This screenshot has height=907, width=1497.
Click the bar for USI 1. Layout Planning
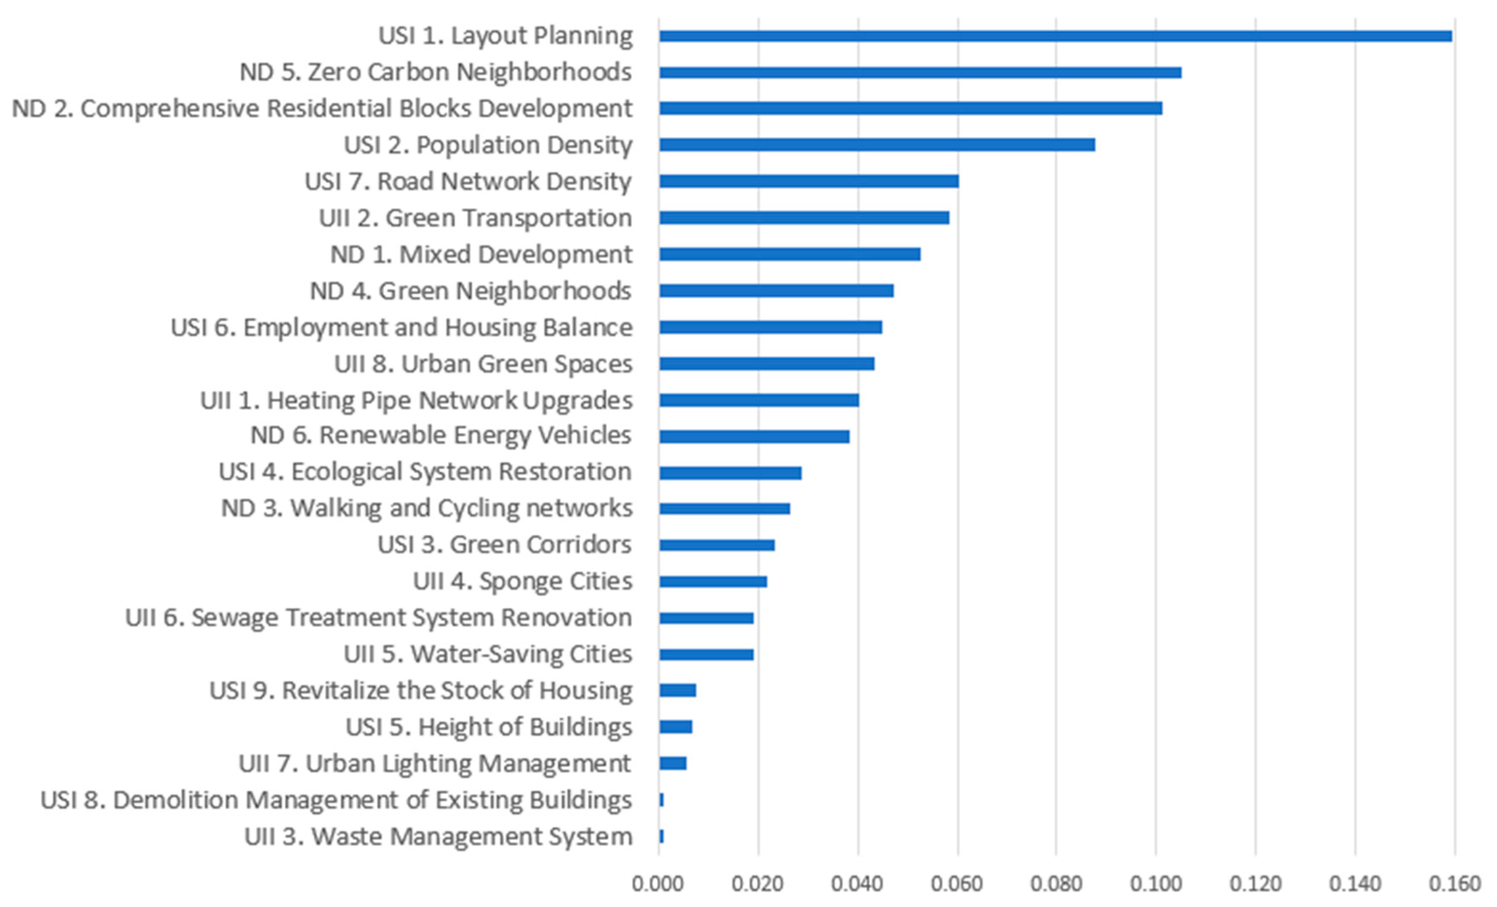(1055, 36)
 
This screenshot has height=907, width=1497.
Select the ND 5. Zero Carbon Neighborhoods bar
(920, 73)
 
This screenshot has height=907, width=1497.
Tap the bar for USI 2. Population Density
(877, 144)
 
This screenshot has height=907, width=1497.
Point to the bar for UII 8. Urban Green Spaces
(767, 364)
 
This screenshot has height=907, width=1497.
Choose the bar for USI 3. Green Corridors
(717, 545)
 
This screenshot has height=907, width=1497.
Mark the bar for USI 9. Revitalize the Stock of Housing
(677, 691)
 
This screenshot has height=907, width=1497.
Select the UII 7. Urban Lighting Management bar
(673, 763)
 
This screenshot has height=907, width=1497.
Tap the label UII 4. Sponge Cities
(523, 581)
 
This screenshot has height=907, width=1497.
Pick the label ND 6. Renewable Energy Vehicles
(441, 435)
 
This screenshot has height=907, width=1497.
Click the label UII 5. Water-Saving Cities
(488, 654)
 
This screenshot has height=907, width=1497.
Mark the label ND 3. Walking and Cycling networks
(426, 508)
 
